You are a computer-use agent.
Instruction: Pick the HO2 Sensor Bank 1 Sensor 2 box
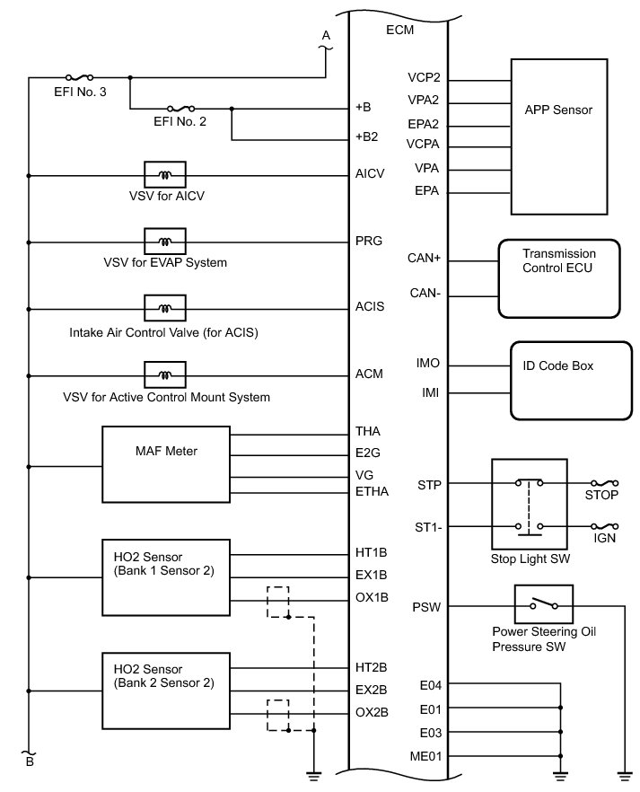click(167, 576)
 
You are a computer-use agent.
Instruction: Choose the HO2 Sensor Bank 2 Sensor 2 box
click(167, 690)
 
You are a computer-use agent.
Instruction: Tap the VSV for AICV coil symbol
click(165, 174)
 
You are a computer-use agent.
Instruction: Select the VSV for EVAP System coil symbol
click(165, 242)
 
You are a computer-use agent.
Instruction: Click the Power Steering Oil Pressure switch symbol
click(548, 605)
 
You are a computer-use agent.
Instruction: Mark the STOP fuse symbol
click(602, 482)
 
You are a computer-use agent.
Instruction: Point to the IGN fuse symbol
click(602, 526)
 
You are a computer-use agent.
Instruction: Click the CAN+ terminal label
click(425, 260)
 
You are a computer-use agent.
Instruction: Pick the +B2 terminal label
click(366, 139)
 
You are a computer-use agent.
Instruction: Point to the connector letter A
click(326, 35)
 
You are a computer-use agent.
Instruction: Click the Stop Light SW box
click(530, 505)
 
